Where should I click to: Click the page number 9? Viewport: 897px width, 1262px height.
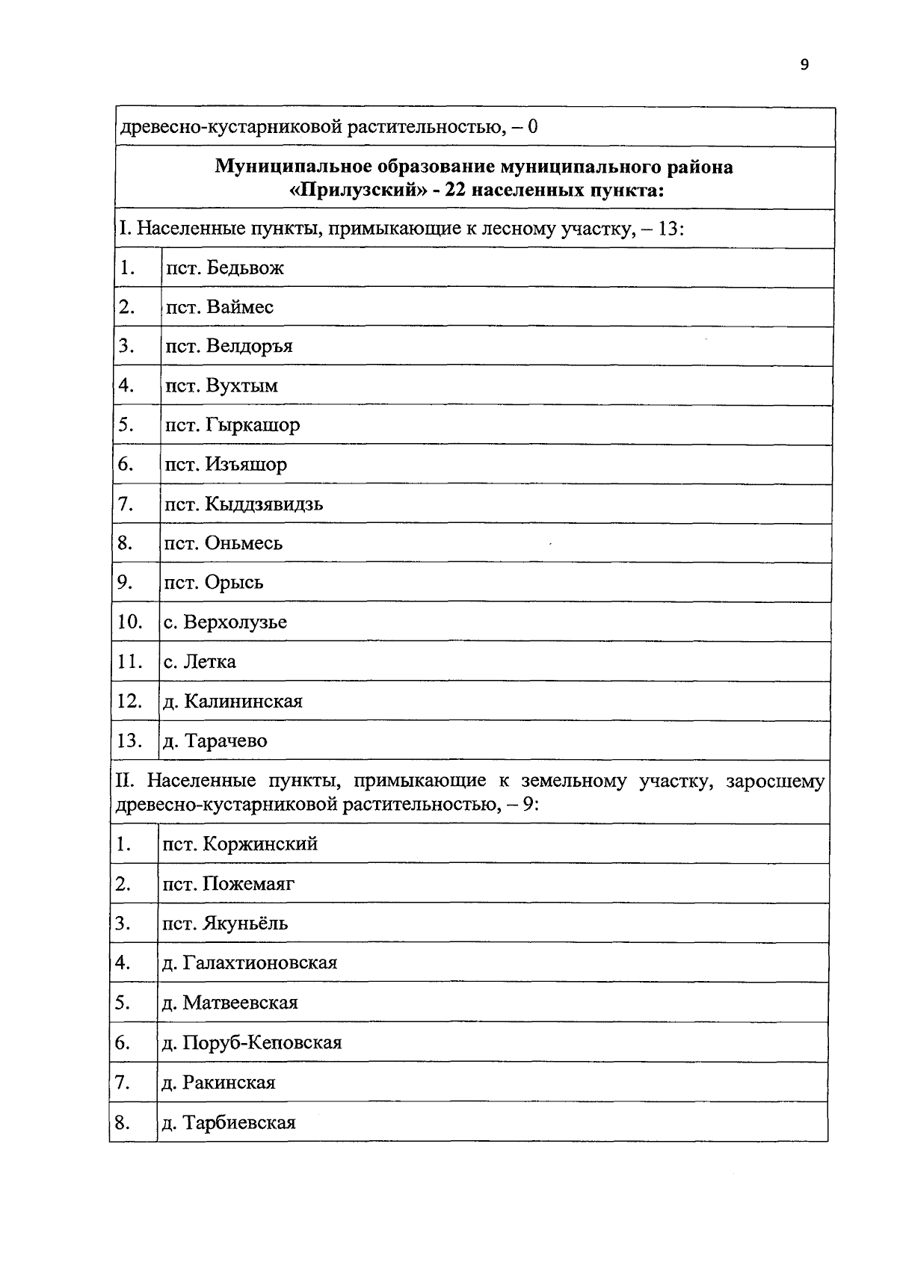(x=804, y=65)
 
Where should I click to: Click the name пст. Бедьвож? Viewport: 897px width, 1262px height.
(x=224, y=268)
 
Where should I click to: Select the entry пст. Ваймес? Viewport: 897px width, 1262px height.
(x=219, y=308)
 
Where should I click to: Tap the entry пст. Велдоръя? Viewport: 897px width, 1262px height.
(x=229, y=347)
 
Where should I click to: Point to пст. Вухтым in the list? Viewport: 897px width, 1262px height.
(x=221, y=386)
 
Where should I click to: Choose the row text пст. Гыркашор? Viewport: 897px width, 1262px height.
(x=232, y=426)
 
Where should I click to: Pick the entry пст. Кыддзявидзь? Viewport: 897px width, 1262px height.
(x=244, y=504)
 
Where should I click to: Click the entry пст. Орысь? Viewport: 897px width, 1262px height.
(x=214, y=583)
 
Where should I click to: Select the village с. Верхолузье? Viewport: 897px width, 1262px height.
(x=225, y=622)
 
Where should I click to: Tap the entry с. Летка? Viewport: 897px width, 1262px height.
(x=200, y=662)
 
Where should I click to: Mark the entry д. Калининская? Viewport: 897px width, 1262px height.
(x=232, y=702)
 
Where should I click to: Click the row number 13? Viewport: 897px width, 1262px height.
(x=129, y=741)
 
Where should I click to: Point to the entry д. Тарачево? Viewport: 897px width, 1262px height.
(x=215, y=741)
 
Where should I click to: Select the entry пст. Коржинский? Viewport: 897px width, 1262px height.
(x=240, y=844)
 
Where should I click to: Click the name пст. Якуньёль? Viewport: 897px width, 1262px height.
(x=225, y=924)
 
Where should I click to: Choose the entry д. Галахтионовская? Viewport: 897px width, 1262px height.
(x=250, y=963)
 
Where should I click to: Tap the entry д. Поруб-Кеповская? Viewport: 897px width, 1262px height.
(x=252, y=1043)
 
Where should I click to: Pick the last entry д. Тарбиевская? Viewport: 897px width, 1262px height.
(x=229, y=1123)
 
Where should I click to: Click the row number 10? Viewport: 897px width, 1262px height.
(x=129, y=622)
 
